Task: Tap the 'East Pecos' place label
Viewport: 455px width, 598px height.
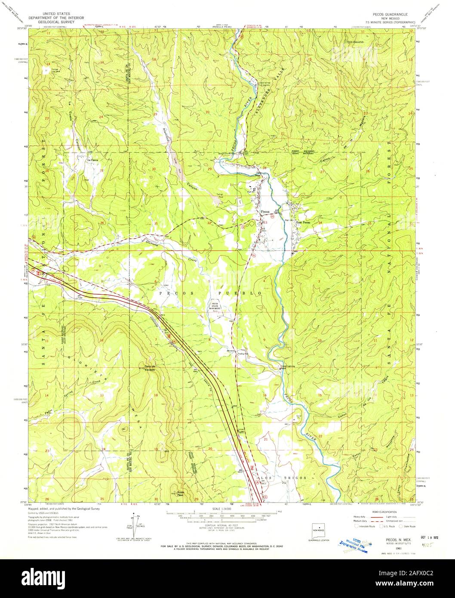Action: click(x=301, y=222)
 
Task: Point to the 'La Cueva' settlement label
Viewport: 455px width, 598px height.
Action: click(x=94, y=160)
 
